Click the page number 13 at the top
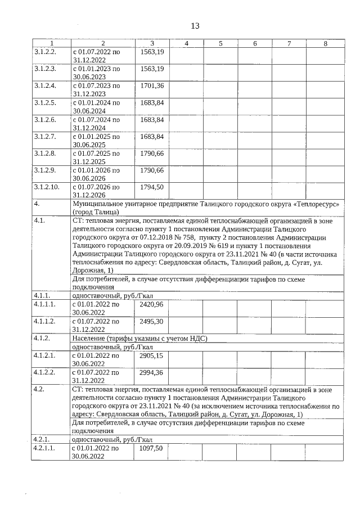195,26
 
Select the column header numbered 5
220,43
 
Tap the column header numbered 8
325,43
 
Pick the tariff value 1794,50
152,187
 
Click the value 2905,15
152,355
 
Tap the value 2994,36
152,372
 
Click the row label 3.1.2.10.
46,187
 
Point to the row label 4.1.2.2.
45,372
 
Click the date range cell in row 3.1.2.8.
96,157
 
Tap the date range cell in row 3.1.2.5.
96,106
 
